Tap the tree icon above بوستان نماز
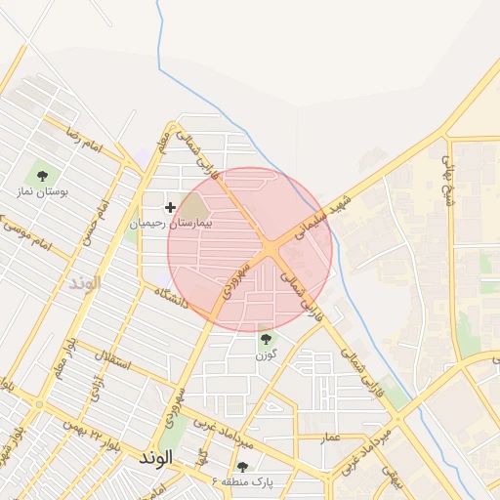click(x=41, y=176)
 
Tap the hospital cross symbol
click(x=171, y=207)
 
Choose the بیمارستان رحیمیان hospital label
click(x=176, y=223)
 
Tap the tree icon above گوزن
click(x=265, y=339)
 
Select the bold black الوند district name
click(x=156, y=457)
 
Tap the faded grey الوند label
click(x=85, y=283)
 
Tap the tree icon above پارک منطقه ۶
click(x=241, y=467)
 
